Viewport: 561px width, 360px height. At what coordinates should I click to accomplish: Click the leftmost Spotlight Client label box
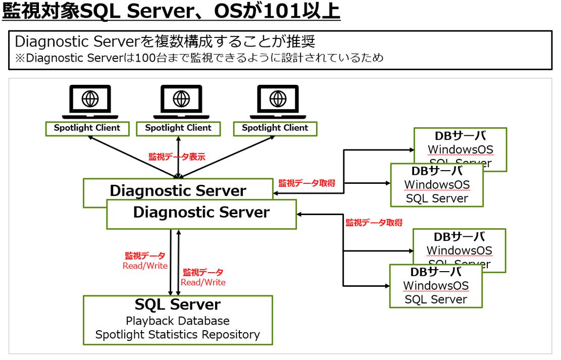[x=87, y=128]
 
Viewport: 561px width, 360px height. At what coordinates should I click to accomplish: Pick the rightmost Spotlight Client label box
[x=275, y=128]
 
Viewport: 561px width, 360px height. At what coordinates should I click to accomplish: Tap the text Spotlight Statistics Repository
[x=177, y=334]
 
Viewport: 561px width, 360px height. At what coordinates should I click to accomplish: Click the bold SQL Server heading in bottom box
[x=177, y=305]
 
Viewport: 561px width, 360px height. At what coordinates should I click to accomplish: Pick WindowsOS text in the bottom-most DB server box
[x=436, y=286]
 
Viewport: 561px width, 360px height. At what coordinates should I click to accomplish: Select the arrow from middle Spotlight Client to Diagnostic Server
[x=178, y=154]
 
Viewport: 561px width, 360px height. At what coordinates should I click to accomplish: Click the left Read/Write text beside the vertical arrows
[x=145, y=266]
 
